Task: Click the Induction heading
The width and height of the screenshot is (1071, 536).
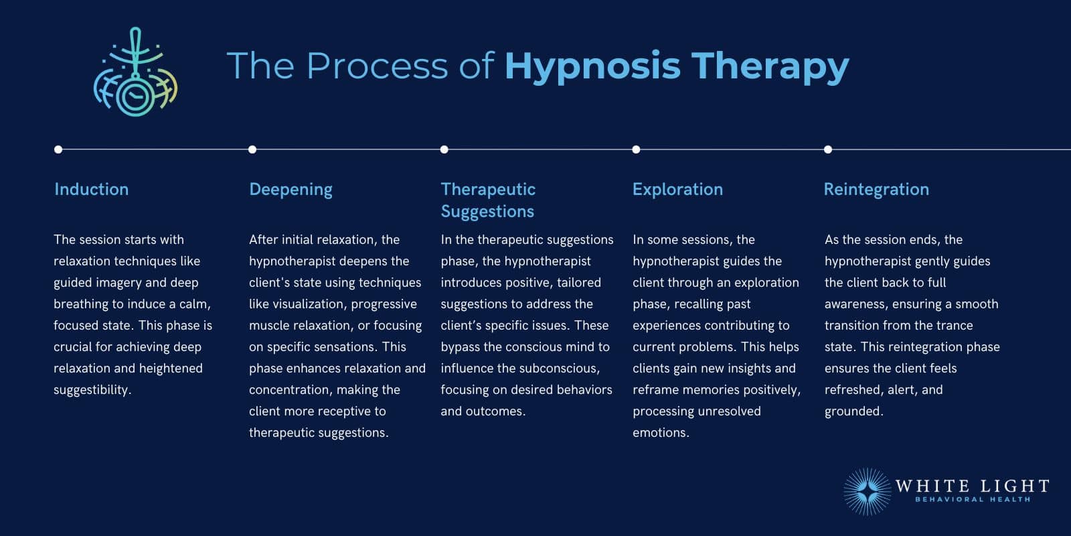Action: click(x=91, y=190)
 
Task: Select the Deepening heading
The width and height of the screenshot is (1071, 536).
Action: click(x=291, y=190)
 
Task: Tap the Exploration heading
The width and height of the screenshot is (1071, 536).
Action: click(x=677, y=190)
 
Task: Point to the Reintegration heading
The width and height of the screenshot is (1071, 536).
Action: click(x=876, y=190)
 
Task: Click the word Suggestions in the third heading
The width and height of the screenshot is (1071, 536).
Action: click(x=487, y=212)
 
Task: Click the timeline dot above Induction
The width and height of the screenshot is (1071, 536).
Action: click(x=58, y=149)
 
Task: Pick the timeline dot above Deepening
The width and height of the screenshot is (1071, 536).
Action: click(x=252, y=149)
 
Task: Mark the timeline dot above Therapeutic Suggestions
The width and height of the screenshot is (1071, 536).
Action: click(x=444, y=149)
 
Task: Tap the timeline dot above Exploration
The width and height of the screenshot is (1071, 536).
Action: click(x=636, y=149)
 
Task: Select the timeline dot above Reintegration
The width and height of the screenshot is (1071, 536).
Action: click(x=828, y=149)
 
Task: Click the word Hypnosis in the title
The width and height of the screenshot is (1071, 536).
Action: click(x=592, y=67)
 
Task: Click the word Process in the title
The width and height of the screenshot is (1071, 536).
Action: click(x=377, y=66)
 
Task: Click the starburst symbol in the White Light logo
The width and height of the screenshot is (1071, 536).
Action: click(x=868, y=492)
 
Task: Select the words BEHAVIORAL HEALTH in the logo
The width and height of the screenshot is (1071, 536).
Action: click(x=973, y=500)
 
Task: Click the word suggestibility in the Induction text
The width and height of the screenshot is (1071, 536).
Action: click(x=91, y=390)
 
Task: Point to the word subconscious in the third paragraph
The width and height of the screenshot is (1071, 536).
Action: click(x=559, y=368)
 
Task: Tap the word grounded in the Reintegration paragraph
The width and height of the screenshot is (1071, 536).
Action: click(x=853, y=411)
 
